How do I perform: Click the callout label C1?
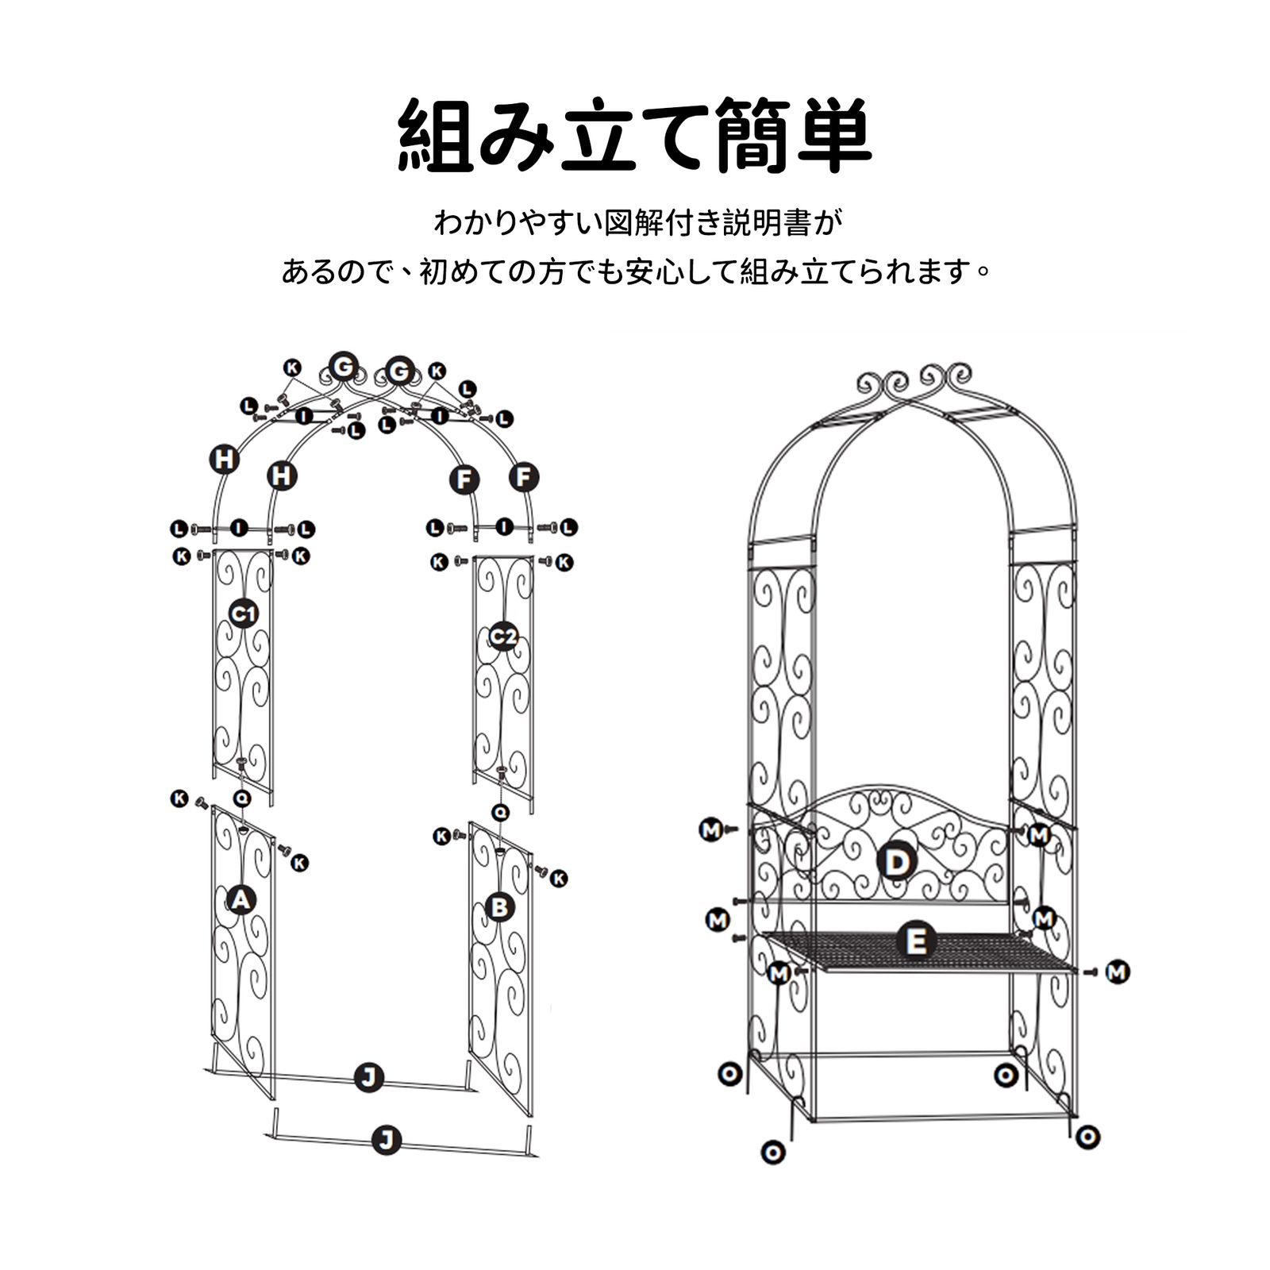tap(243, 614)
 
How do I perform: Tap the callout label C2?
tap(502, 636)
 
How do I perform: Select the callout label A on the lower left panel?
tap(240, 900)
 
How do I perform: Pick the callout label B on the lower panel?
tap(499, 906)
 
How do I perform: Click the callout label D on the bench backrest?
tap(896, 862)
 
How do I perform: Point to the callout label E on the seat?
tap(916, 942)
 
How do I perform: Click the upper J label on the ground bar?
tap(368, 1077)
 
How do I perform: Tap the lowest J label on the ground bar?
tap(387, 1141)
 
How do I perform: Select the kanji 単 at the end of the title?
tap(833, 136)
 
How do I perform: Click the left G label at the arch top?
tap(343, 367)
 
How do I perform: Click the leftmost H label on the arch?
tap(225, 460)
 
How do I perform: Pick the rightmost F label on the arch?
tap(523, 477)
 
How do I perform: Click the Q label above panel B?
tap(500, 812)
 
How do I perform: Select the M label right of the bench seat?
tap(1118, 972)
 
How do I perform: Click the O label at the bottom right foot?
tap(1087, 1137)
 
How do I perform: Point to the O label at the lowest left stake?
tap(772, 1152)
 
